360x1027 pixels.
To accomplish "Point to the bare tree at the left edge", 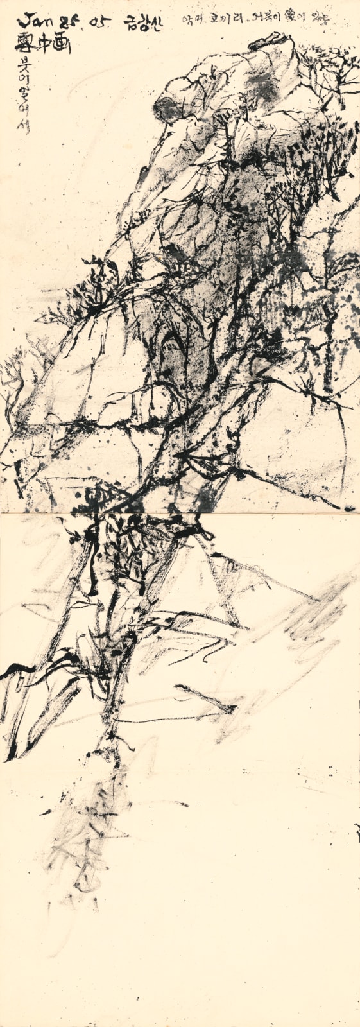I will click(x=14, y=385).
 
